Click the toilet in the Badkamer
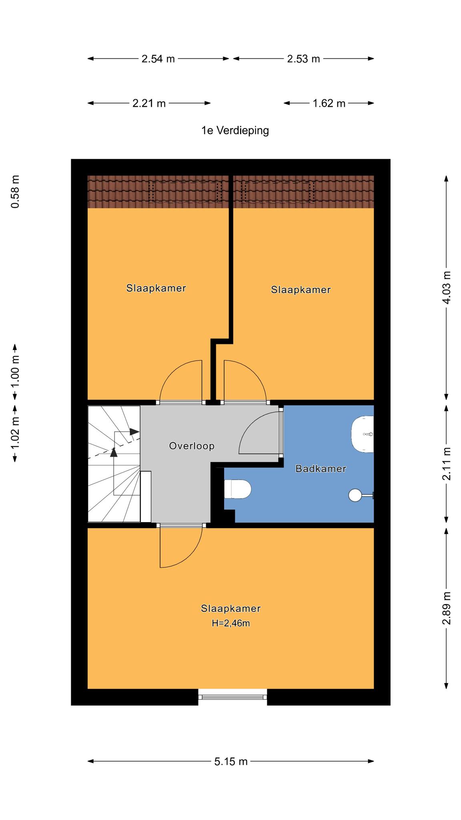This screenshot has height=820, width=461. (237, 489)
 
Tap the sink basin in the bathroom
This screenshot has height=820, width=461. (363, 434)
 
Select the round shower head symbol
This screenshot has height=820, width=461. (355, 495)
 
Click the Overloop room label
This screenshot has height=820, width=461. (192, 446)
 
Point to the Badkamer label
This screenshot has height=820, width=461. (321, 468)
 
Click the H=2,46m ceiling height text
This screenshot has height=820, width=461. (231, 623)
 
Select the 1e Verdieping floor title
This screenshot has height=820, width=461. (235, 131)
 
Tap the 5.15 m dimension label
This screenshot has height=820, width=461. (231, 761)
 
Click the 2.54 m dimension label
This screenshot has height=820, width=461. (158, 59)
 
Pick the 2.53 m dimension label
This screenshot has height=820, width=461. (303, 59)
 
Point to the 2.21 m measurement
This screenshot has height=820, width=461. (149, 103)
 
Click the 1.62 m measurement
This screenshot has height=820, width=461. (329, 103)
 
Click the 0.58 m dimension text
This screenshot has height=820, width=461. (15, 192)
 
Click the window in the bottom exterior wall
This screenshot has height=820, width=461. (233, 697)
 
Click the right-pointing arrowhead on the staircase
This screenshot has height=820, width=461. (134, 432)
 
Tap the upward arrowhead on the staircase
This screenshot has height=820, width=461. (114, 452)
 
